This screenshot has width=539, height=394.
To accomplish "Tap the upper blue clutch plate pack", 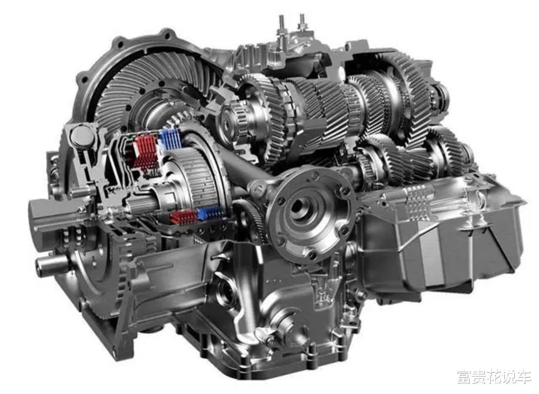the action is pyautogui.click(x=169, y=139).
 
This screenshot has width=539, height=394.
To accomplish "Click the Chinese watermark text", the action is pyautogui.click(x=494, y=378).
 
